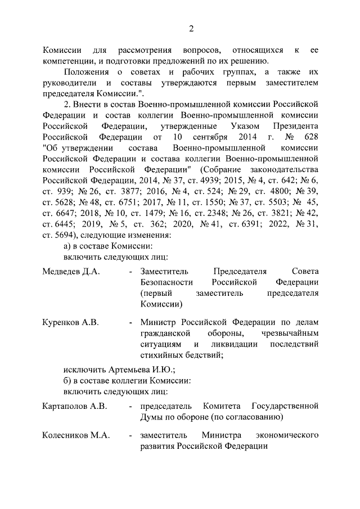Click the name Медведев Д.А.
[x=71, y=271]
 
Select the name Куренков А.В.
[x=70, y=322]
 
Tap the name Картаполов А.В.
[x=74, y=406]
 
